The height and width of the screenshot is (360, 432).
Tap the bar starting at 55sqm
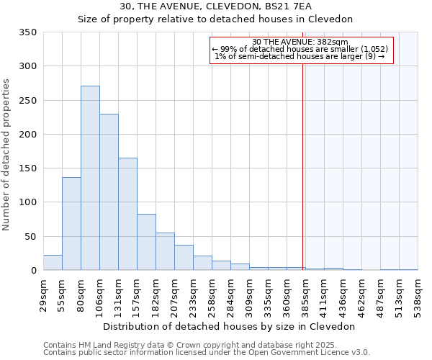click(x=71, y=224)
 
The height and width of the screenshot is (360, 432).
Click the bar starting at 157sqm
click(x=146, y=242)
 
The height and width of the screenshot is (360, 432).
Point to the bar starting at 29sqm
click(x=53, y=263)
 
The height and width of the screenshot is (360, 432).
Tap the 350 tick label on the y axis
click(x=28, y=32)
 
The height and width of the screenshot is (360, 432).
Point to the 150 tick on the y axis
click(x=28, y=168)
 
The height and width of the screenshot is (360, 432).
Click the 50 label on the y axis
click(x=31, y=236)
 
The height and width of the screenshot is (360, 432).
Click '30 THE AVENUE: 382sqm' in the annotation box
click(x=301, y=42)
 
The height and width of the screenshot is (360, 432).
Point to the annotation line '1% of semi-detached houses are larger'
click(x=300, y=56)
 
